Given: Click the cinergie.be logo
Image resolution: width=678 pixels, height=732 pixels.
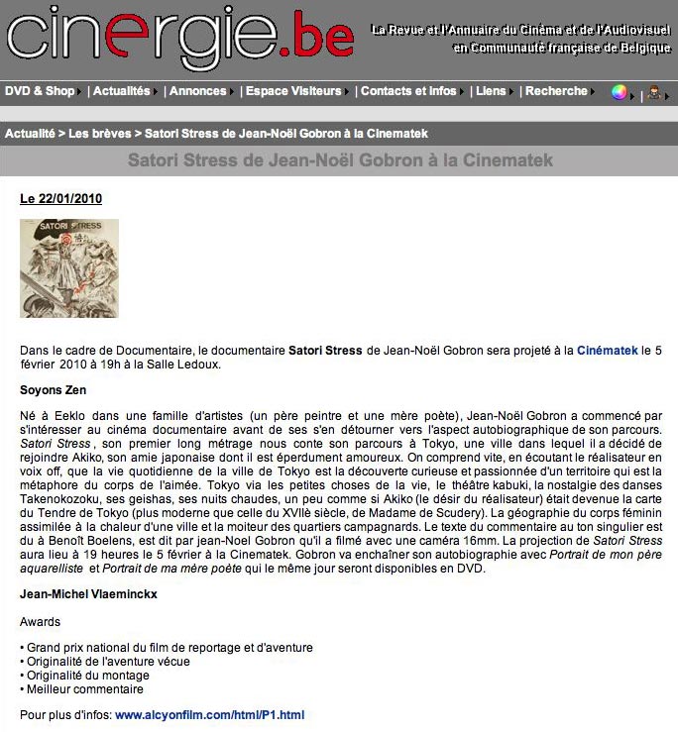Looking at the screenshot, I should coord(179,38).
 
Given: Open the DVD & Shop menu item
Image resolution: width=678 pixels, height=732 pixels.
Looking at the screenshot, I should coord(40,91).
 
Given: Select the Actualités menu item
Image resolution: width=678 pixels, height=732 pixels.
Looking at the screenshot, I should coord(121,91).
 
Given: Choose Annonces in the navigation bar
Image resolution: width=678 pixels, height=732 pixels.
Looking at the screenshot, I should coord(197,91).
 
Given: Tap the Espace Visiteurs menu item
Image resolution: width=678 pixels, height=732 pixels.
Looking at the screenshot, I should coord(294,91).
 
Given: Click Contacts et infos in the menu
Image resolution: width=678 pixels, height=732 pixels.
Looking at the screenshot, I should coord(408,91).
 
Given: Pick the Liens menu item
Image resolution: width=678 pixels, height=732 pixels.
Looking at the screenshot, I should coord(490,91).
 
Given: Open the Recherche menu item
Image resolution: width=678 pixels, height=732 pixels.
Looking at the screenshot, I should coord(556,91).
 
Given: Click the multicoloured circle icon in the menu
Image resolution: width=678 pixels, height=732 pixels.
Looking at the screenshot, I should coord(620,92).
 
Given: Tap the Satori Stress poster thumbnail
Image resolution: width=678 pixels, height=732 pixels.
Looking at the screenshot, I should coord(69,268).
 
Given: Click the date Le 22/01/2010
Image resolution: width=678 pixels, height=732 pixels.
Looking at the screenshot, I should coord(60,199).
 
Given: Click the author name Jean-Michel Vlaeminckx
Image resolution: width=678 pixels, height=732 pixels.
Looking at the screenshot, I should coord(88,596).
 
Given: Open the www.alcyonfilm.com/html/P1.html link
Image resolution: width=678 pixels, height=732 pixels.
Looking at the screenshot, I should coord(209,714).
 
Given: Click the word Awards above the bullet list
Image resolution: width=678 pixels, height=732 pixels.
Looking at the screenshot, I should coord(40,622).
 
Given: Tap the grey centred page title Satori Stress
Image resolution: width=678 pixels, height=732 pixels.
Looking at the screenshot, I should coord(340,159).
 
